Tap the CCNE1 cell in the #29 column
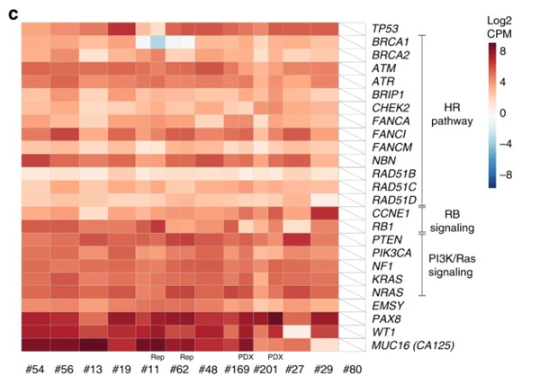pos(325,213)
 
